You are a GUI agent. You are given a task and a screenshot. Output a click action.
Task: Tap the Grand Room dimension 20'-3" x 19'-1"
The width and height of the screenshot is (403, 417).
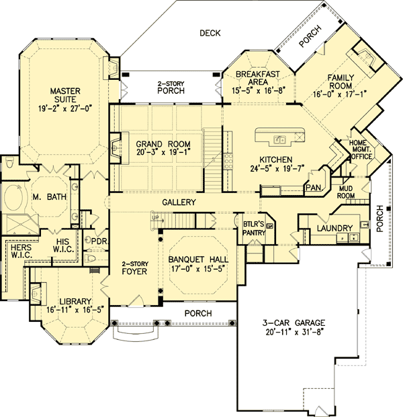(x=163, y=154)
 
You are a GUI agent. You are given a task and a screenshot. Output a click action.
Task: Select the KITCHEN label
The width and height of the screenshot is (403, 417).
(x=276, y=160)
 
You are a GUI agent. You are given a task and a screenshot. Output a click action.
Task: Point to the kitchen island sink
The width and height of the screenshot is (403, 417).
(x=279, y=139)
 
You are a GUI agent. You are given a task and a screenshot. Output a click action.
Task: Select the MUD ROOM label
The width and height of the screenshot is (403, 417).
(x=346, y=192)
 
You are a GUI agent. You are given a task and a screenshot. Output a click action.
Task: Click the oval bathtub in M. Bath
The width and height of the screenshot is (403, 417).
(x=11, y=199)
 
